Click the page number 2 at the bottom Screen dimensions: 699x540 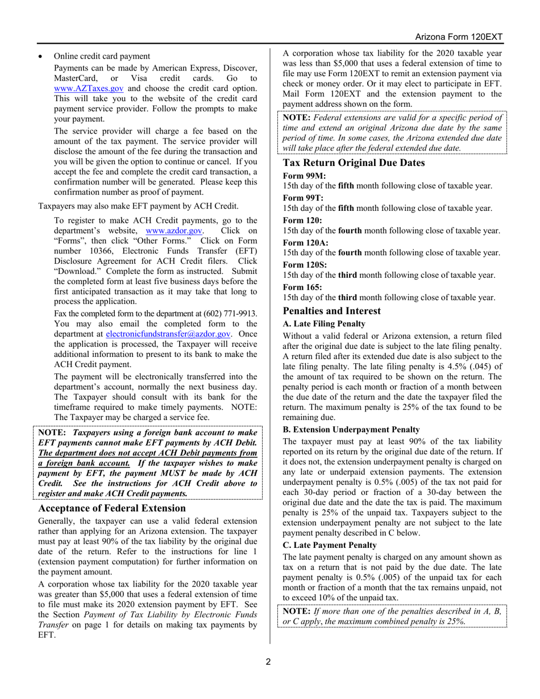(x=270, y=661)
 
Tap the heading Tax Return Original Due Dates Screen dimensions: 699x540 (x=354, y=163)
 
